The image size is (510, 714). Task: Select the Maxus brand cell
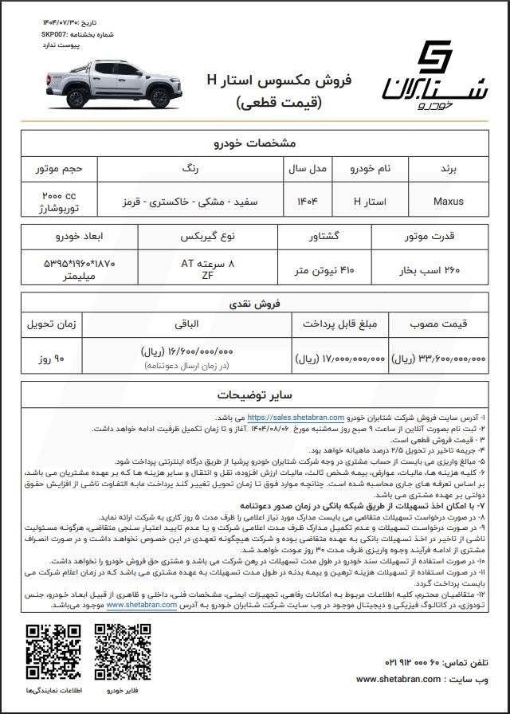point(448,202)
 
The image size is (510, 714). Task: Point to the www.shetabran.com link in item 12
point(143,605)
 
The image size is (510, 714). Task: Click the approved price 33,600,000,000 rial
point(440,359)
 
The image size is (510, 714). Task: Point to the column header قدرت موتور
point(440,237)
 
